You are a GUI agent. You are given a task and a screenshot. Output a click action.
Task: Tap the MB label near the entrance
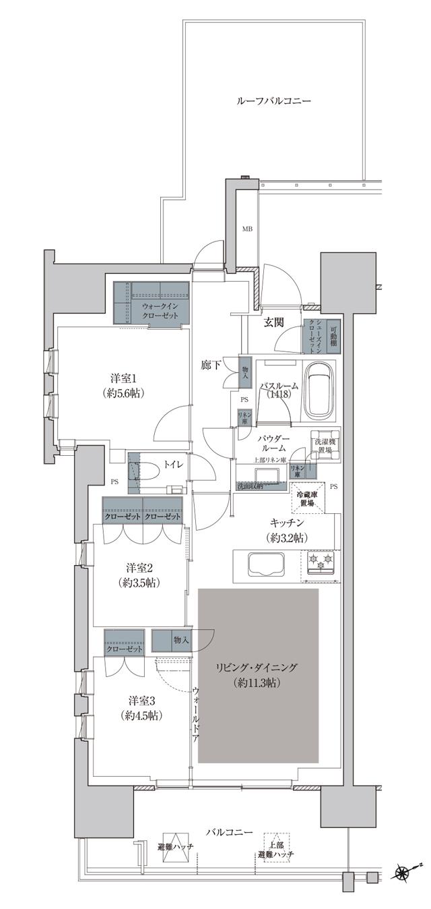coord(247,229)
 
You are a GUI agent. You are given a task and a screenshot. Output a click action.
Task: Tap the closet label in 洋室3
coord(125,649)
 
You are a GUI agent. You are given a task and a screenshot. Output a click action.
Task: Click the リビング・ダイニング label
coord(256,668)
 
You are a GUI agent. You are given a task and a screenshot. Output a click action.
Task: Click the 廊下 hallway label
coord(211,365)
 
